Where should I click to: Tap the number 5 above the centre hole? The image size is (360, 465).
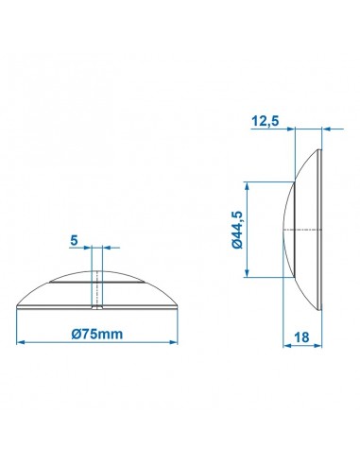click(x=74, y=240)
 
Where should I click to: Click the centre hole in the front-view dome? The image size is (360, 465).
click(x=95, y=288)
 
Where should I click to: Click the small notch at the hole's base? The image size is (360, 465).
click(x=95, y=307)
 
